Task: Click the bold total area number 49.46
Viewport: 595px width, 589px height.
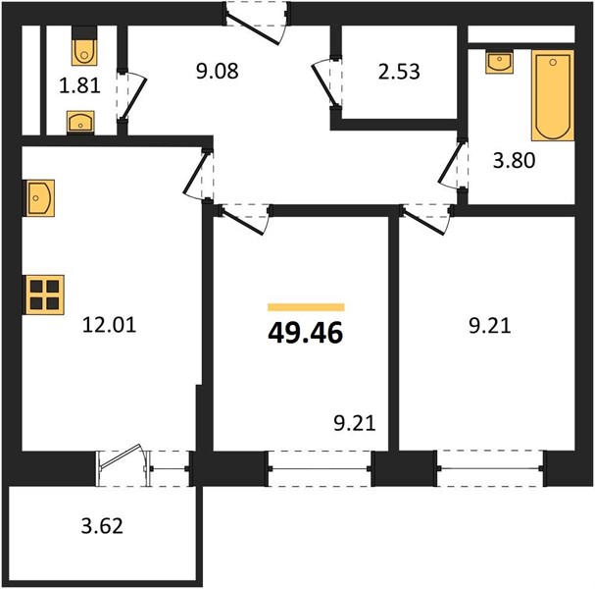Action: coord(306,333)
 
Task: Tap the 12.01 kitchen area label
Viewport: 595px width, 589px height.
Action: coord(109,325)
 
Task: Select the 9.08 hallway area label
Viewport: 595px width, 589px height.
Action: coord(217,71)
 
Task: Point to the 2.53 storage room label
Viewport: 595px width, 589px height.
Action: coord(399,72)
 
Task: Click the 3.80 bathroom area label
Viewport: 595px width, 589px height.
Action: coord(514,160)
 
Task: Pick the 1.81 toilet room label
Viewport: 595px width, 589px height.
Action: coord(79,85)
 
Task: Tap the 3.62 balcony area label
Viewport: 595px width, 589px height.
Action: coord(102,526)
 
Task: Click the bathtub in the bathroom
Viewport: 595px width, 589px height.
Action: coord(553,95)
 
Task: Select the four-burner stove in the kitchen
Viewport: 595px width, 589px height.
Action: coord(45,294)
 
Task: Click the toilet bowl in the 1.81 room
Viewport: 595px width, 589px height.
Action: coord(84,50)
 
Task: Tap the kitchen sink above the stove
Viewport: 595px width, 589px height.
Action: coord(40,198)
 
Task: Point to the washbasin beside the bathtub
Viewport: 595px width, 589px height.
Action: coord(499,63)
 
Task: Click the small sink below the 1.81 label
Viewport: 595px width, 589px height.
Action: coord(80,122)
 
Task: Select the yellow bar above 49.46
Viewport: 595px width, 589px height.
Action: coord(306,307)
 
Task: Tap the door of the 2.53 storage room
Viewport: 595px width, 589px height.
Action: coord(326,83)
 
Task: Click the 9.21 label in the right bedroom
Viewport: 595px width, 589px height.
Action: coord(489,326)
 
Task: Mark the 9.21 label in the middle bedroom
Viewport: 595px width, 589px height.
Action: coord(355,423)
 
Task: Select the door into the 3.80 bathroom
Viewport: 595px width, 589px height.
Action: coord(453,166)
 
